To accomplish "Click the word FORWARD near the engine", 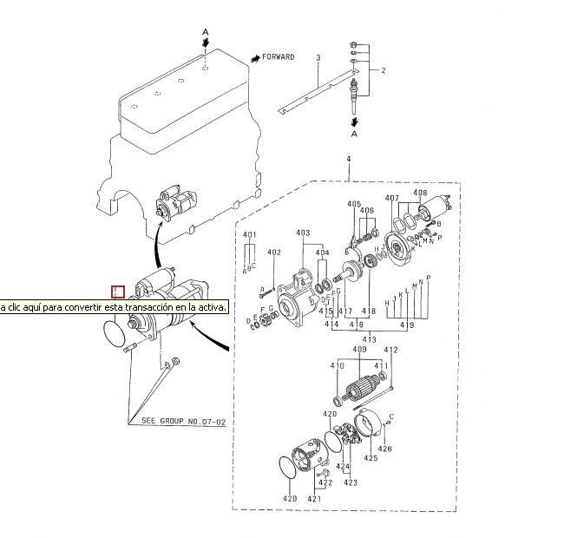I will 278,57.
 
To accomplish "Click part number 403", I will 303,233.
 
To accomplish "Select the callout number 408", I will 420,193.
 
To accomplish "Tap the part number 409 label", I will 359,351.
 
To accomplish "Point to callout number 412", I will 390,351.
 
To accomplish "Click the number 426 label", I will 385,449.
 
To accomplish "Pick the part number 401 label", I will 250,235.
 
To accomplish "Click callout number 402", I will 274,253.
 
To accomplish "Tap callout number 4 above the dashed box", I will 348,160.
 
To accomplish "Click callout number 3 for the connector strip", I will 318,57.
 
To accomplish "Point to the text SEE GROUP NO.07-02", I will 184,422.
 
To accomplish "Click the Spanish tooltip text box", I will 114,307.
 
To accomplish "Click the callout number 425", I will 371,457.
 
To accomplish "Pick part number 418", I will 369,311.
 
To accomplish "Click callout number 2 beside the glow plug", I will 383,69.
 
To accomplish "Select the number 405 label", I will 354,204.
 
